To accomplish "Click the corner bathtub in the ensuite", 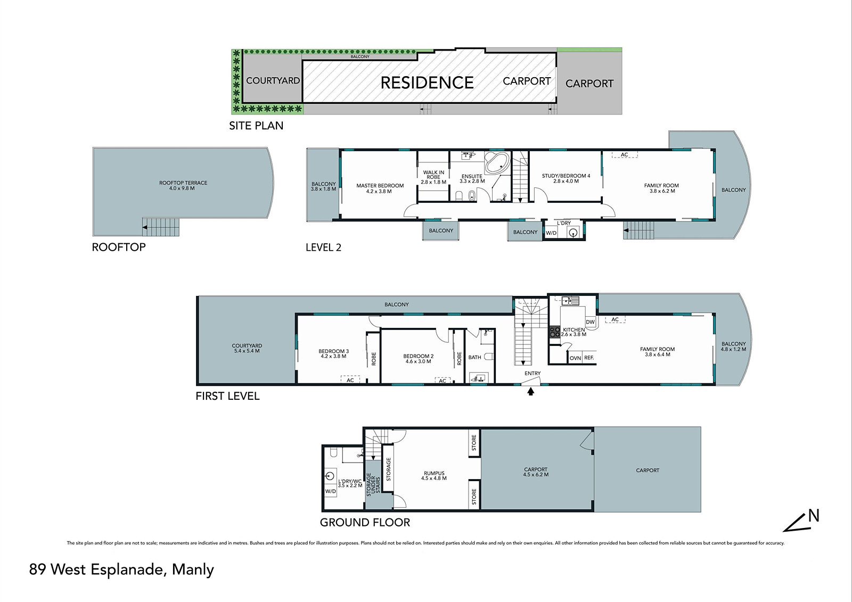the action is coord(497,163).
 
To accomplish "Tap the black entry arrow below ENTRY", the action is coord(530,391).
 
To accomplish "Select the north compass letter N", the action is coord(814,516).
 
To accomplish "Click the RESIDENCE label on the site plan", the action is coord(427,83).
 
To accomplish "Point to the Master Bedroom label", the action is coord(380,188).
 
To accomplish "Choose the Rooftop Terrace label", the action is coord(183,186).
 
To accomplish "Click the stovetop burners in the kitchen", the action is coord(555,332).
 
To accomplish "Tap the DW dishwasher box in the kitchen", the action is coord(591,321).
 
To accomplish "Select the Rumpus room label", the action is coord(434,476).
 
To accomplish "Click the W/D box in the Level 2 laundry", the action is coord(551,233).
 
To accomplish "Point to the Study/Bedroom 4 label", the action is coord(566,178).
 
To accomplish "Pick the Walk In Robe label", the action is coord(433,177).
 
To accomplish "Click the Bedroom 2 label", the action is coord(419,359).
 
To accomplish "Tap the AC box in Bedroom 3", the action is coord(350,380).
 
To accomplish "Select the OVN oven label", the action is coord(575,358).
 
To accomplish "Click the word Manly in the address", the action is coord(193,570).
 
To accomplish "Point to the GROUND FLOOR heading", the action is coord(365,523).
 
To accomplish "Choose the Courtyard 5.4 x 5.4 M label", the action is coord(247,348).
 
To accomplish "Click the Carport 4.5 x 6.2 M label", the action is coord(536,472).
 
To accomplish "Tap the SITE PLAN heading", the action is coord(256,126).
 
